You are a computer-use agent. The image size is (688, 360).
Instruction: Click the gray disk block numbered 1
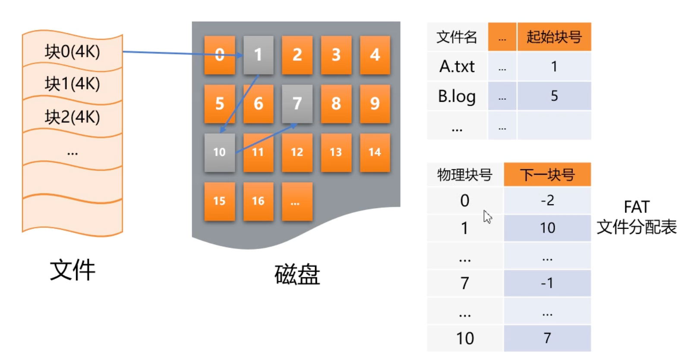[258, 55]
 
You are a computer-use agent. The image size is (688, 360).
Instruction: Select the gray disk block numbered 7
[297, 104]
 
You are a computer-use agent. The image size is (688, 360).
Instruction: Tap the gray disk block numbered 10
[219, 152]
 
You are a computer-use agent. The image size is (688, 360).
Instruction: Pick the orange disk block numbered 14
[375, 152]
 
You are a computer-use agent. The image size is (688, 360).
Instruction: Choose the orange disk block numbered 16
[258, 201]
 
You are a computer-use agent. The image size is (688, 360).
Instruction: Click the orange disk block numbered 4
[375, 55]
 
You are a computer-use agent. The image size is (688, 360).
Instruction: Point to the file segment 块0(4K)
[72, 51]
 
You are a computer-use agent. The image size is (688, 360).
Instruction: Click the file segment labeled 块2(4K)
[72, 117]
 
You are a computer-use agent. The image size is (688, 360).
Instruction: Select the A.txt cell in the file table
[457, 66]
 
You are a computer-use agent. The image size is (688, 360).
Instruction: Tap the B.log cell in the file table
[457, 96]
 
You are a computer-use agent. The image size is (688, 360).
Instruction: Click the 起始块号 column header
[554, 37]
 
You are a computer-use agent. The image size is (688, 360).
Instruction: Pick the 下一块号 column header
[547, 175]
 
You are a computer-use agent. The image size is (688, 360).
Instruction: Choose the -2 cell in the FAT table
[547, 200]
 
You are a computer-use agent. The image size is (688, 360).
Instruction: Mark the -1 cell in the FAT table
[547, 283]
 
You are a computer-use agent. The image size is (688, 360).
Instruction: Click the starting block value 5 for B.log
[554, 96]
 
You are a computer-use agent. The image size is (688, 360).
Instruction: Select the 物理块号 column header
[464, 175]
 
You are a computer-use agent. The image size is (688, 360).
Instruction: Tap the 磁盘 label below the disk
[297, 275]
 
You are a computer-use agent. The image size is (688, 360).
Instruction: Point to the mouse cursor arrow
[487, 217]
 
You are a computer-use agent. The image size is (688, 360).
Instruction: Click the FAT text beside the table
[636, 207]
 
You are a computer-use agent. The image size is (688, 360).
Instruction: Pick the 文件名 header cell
[457, 37]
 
